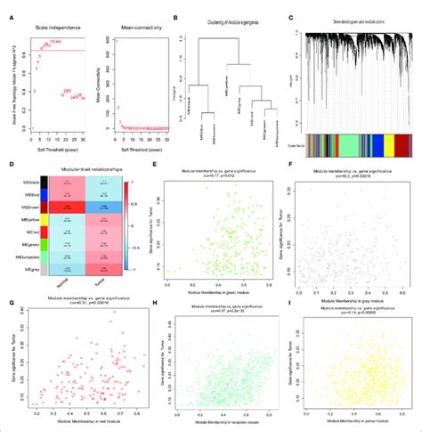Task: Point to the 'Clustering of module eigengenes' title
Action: click(x=223, y=19)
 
